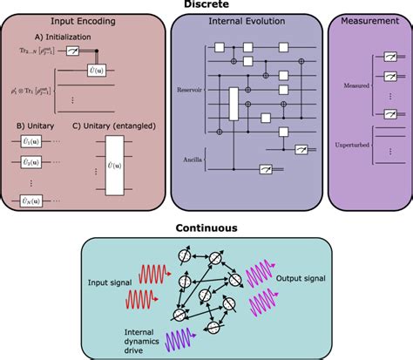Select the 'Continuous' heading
tap(206, 228)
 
